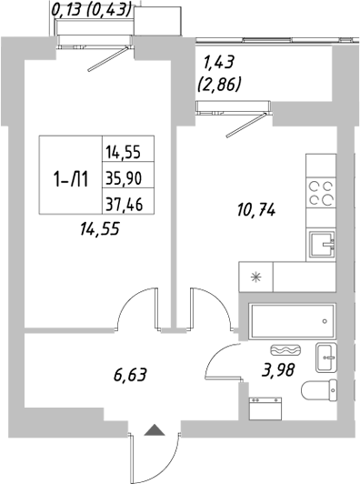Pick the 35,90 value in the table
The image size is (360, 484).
pyautogui.click(x=128, y=177)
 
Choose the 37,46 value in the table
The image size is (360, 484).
pyautogui.click(x=128, y=202)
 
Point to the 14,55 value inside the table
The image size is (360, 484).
pyautogui.click(x=128, y=153)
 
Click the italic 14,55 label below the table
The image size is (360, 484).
pyautogui.click(x=100, y=231)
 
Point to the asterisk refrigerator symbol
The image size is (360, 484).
pyautogui.click(x=255, y=277)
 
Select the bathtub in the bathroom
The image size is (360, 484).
pyautogui.click(x=290, y=321)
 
